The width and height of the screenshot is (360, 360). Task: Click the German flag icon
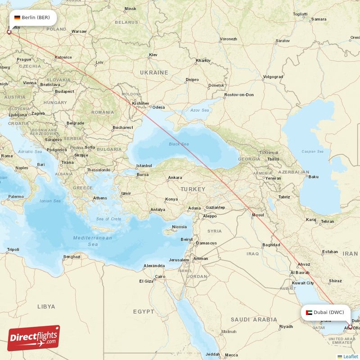tap(17, 18)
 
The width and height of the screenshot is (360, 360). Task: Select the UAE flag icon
tap(309, 312)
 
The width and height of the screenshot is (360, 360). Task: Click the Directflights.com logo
tap(34, 338)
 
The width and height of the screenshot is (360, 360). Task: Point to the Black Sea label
tap(179, 144)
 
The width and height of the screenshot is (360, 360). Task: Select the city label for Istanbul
tap(144, 166)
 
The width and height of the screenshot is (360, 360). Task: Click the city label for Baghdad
tap(271, 245)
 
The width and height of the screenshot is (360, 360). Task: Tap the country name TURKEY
tap(193, 189)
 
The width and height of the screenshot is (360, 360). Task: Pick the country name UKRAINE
tap(153, 72)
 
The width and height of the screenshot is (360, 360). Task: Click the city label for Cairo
tap(160, 276)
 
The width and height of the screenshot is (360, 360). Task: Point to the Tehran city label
tap(327, 221)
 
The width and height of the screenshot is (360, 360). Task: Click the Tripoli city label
tap(13, 249)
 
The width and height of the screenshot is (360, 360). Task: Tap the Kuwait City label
tap(303, 283)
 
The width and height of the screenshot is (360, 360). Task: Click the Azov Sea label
tap(200, 110)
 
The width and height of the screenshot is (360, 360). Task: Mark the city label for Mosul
tap(258, 215)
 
